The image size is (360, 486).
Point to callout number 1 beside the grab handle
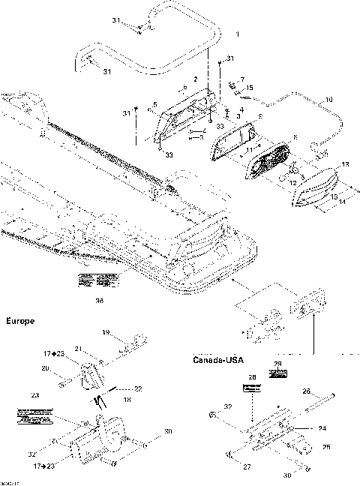click(x=238, y=34)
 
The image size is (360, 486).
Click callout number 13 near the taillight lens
click(x=346, y=163)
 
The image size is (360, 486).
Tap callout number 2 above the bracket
click(x=195, y=79)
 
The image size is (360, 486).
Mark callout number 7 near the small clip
click(x=241, y=79)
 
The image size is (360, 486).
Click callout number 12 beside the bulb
click(x=293, y=182)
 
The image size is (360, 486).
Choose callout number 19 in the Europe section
click(x=105, y=332)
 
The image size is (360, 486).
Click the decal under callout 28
click(x=251, y=388)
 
